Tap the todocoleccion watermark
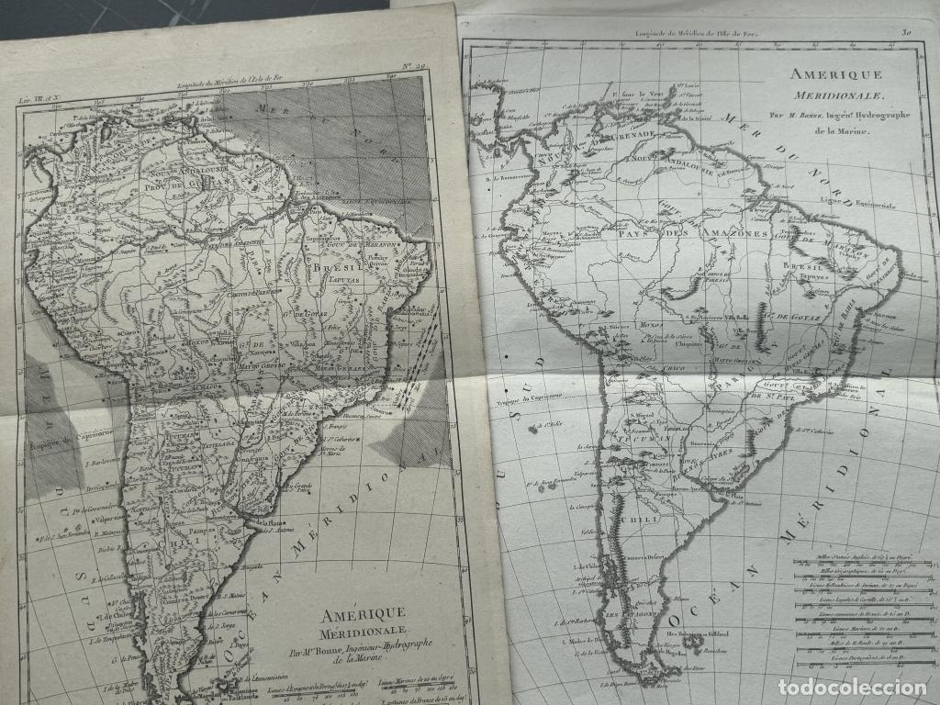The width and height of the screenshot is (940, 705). [x=851, y=686]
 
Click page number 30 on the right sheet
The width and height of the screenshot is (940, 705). [x=906, y=32]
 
